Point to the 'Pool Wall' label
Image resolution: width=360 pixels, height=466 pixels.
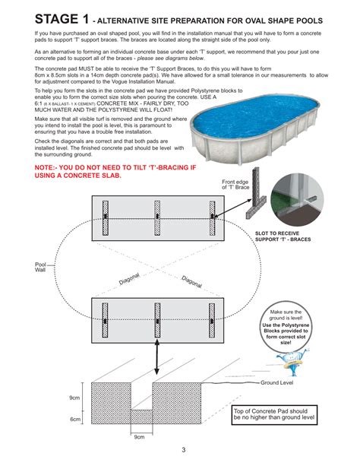pos(41,267)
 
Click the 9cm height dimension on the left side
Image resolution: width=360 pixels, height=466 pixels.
pos(75,398)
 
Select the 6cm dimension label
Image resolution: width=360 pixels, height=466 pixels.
pos(75,419)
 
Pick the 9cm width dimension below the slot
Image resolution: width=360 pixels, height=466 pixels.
pos(139,437)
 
